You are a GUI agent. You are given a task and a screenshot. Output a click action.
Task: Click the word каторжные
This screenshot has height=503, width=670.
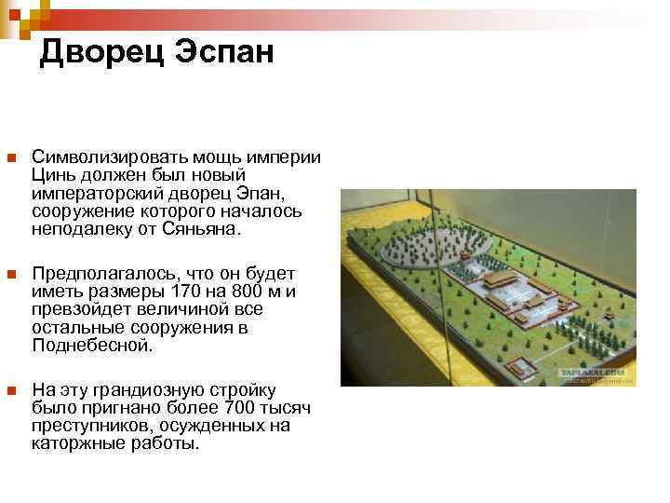pyautogui.click(x=69, y=443)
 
